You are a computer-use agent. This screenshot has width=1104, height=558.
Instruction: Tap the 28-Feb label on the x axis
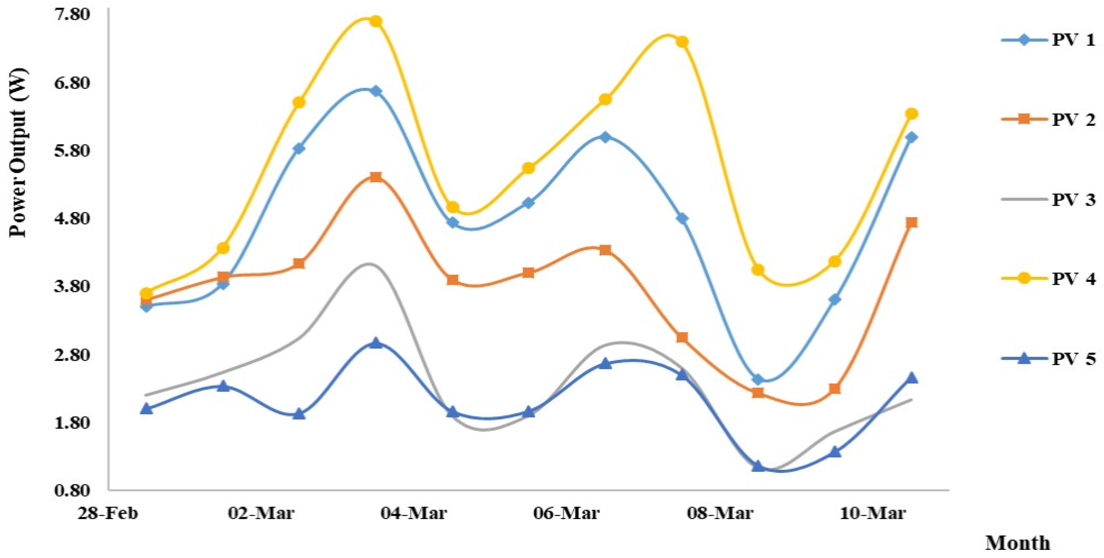click(x=108, y=512)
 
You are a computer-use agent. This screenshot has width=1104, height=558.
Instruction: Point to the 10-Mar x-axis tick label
click(x=873, y=512)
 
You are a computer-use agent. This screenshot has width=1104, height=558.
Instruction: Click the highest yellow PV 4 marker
click(x=376, y=21)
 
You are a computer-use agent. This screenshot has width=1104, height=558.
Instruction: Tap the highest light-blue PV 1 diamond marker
click(x=376, y=91)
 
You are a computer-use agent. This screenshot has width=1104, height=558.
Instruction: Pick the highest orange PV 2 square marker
click(x=376, y=177)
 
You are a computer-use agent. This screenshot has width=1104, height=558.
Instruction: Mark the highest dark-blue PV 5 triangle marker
click(x=376, y=343)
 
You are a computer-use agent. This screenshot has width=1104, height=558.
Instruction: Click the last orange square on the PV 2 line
click(x=912, y=222)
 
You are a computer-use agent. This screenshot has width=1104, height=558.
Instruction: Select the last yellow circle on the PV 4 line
click(x=912, y=113)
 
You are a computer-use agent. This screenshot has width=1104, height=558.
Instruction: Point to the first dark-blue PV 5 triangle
click(x=147, y=408)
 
